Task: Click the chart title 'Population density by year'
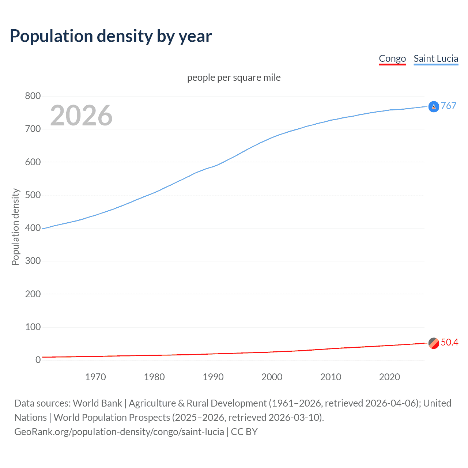point(111,36)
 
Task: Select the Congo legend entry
point(392,58)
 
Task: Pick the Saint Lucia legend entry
point(436,58)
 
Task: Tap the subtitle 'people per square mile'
point(234,78)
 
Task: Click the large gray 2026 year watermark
point(81,116)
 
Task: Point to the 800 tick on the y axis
point(33,96)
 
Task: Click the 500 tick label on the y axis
point(33,195)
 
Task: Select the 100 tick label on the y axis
point(33,327)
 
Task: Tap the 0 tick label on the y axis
point(38,360)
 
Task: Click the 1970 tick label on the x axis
point(95,377)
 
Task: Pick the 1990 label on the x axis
point(213,377)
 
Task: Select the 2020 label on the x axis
point(389,377)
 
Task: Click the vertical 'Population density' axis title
point(15,227)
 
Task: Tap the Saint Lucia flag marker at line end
point(434,107)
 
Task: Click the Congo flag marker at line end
point(434,343)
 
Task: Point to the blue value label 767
point(449,106)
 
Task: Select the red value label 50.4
point(449,342)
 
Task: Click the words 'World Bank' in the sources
point(97,403)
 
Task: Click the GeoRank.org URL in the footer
point(119,432)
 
